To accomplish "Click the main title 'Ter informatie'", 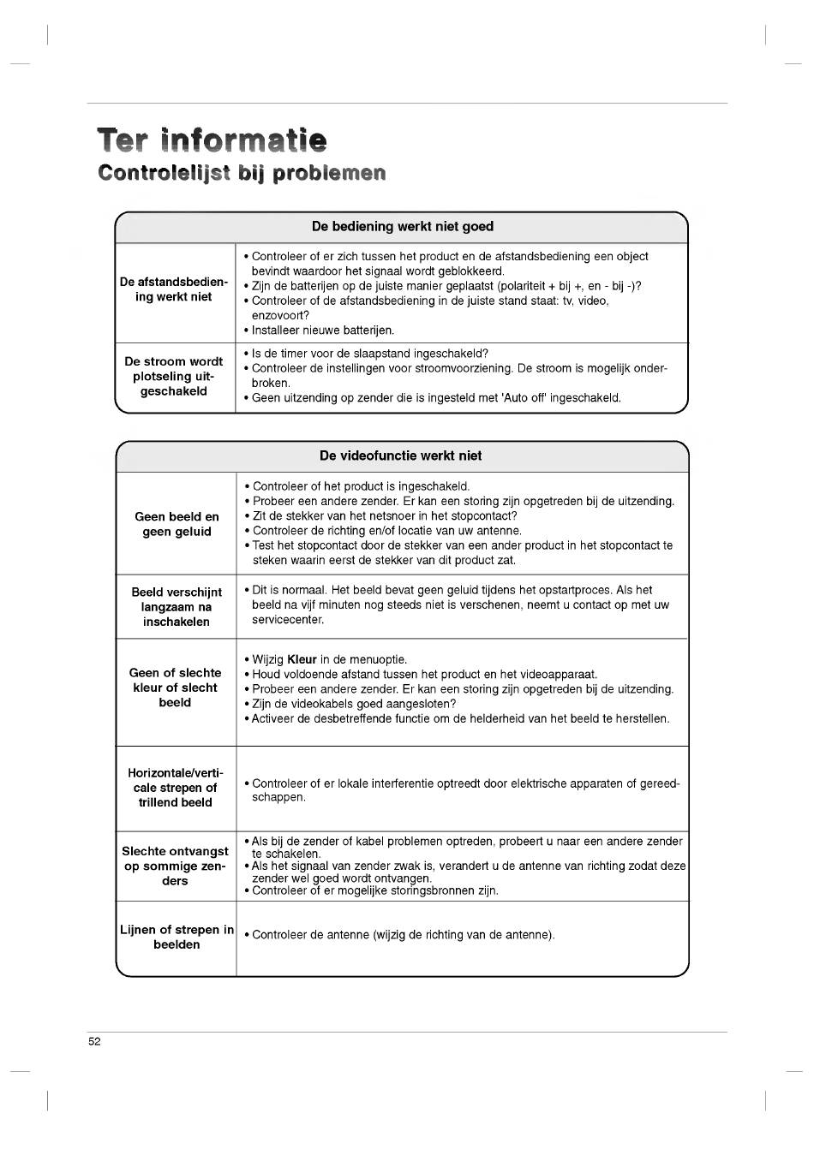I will [x=212, y=140].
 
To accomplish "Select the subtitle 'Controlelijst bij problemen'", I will [x=242, y=173].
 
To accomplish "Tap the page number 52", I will [x=94, y=1042].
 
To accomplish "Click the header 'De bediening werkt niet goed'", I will [x=402, y=227].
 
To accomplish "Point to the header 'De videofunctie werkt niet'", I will [x=401, y=456].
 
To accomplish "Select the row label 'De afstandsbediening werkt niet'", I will [x=174, y=289].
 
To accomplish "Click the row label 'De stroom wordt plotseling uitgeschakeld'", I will [x=174, y=377].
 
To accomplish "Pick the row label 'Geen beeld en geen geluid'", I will [x=177, y=524].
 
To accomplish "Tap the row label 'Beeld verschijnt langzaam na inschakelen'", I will [x=177, y=607].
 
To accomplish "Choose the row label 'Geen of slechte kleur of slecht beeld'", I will [x=176, y=688].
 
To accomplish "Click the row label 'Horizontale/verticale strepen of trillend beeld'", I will [x=176, y=788].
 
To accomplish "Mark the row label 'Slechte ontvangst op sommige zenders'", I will [x=176, y=866].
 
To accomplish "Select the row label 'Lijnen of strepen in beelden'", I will [x=177, y=937].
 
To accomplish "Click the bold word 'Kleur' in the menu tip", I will [x=302, y=660].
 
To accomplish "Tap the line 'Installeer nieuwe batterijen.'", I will [x=323, y=330].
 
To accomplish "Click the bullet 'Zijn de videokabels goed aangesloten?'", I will [x=354, y=704].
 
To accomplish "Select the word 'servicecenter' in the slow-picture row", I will [x=287, y=620].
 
